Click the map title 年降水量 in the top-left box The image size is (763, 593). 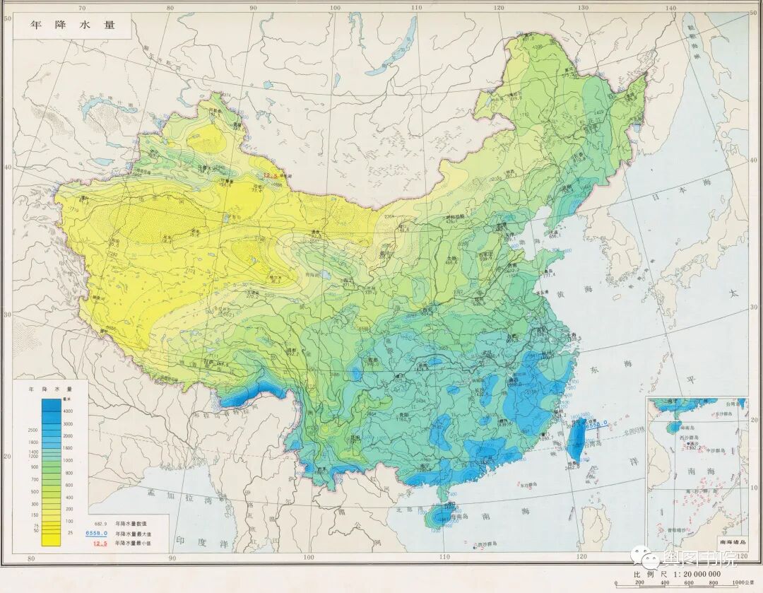pyautogui.click(x=71, y=24)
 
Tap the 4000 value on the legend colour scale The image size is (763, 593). pyautogui.click(x=69, y=411)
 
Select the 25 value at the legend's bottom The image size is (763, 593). pyautogui.click(x=69, y=532)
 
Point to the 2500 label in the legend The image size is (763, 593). pyautogui.click(x=32, y=430)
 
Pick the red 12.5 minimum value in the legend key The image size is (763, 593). pyautogui.click(x=100, y=543)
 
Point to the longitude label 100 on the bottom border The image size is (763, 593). pyautogui.click(x=308, y=558)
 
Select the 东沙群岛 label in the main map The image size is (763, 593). pyautogui.click(x=524, y=485)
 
